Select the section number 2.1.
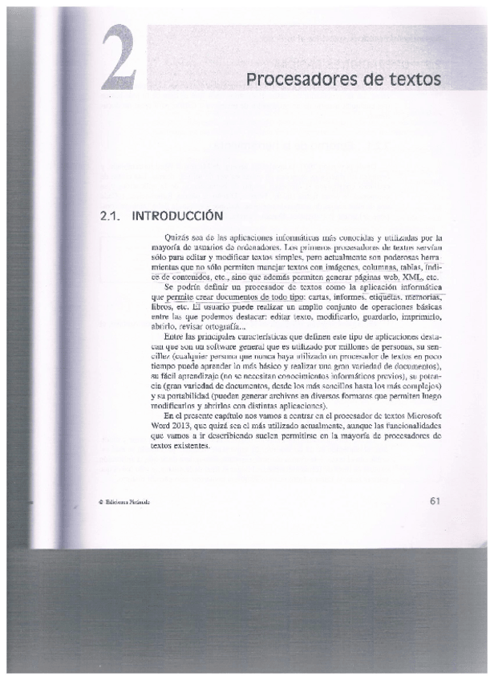click(x=108, y=216)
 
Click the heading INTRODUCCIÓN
click(x=176, y=216)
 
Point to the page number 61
click(x=436, y=501)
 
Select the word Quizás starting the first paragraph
click(x=175, y=238)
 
